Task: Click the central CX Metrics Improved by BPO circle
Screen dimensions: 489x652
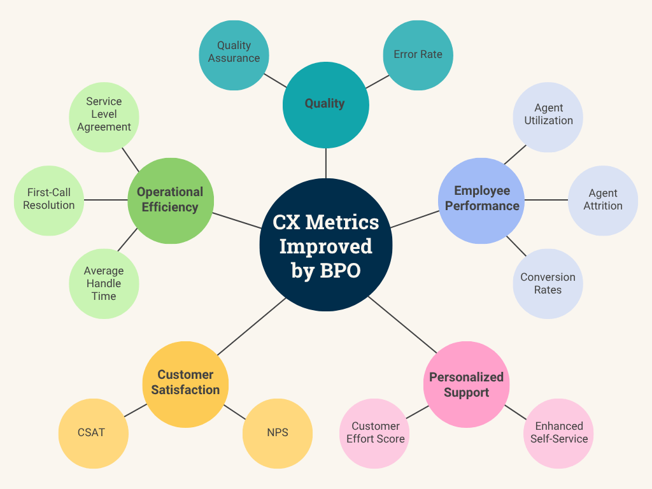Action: coord(325,245)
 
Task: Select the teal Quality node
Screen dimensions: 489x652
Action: coord(325,104)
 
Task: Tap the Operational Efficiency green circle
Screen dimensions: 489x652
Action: coord(170,200)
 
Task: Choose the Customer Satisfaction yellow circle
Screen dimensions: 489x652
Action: coord(185,383)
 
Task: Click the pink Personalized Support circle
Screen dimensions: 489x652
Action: coord(466,385)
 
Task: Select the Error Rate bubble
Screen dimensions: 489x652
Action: coord(418,55)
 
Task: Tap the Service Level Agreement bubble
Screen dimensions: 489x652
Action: coord(104,115)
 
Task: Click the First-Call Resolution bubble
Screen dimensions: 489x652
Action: coord(49,200)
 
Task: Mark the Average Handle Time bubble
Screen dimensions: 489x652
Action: coord(104,284)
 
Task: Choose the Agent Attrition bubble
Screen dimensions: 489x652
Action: coord(603,200)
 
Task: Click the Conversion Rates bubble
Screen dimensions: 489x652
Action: coord(548,284)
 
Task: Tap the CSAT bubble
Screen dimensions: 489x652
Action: coord(93,433)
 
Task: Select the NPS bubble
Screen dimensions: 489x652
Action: coord(278,433)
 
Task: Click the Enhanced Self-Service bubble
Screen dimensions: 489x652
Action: coord(559,433)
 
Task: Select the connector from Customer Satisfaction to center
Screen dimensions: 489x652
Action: coord(252,327)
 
